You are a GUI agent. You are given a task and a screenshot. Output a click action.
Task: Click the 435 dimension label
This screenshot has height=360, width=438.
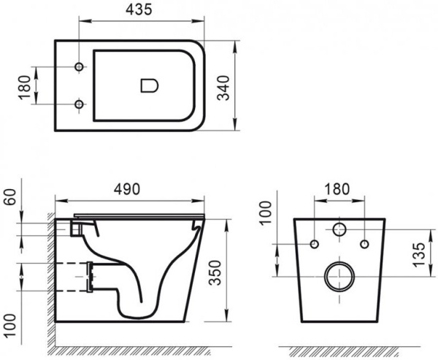128,10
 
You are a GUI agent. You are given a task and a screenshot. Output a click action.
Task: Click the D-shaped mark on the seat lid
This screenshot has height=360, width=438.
147,86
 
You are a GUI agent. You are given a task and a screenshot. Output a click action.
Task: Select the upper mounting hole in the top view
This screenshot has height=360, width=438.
80,69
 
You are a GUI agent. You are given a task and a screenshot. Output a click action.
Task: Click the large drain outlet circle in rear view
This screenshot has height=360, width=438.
340,275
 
